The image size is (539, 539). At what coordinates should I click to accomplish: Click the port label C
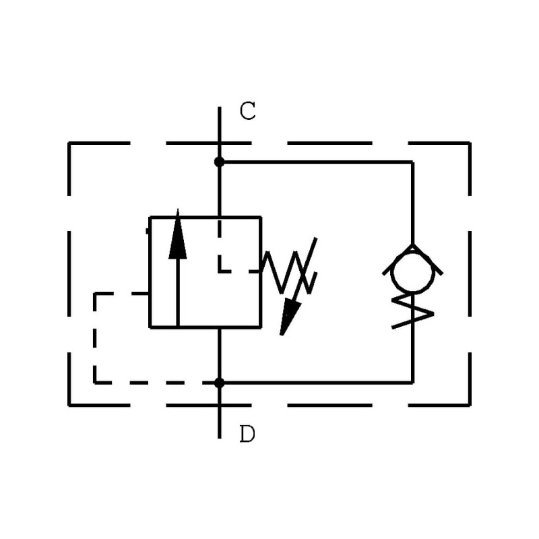[248, 111]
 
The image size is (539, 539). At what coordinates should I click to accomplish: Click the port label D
[247, 435]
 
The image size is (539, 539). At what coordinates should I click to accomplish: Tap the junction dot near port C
[219, 162]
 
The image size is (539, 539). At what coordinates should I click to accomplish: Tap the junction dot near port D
[219, 383]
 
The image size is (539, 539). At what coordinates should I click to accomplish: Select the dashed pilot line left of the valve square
[95, 337]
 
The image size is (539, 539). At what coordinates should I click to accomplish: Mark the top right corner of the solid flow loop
[412, 162]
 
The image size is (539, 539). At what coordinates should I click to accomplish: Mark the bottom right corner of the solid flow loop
[412, 383]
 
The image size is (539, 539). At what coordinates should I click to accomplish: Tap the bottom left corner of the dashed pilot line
[95, 383]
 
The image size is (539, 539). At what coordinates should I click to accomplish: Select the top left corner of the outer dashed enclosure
[69, 143]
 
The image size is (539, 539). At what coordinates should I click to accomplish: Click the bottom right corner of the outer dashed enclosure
[470, 406]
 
